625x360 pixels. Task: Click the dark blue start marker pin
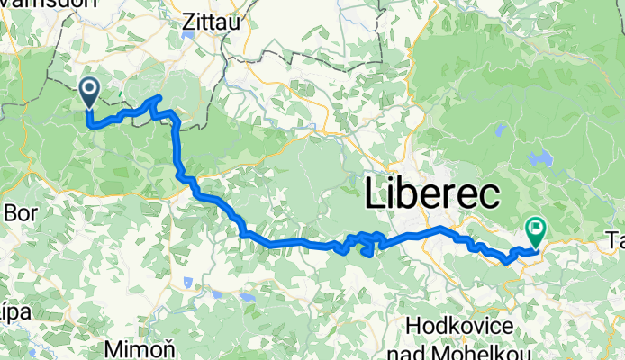click(x=89, y=90)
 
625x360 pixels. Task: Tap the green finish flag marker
click(x=536, y=230)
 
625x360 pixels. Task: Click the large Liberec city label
click(x=432, y=194)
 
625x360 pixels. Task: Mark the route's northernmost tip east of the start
click(x=159, y=96)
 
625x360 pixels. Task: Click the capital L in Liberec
click(x=376, y=194)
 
